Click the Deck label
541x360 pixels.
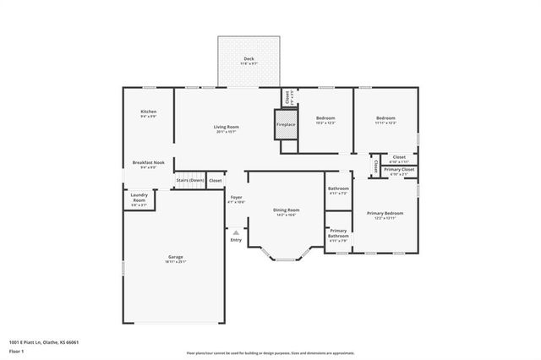[249, 58]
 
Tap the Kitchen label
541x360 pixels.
[148, 112]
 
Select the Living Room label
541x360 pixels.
[226, 127]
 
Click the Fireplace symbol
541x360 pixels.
[286, 124]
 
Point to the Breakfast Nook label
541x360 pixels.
[147, 162]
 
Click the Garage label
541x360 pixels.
[175, 257]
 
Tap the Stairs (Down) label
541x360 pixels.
[189, 180]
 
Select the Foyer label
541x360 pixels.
[236, 197]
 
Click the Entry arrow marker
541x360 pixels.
[236, 232]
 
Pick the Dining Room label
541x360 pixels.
[287, 210]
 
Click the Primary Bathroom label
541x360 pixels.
[338, 232]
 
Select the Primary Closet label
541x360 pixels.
[399, 170]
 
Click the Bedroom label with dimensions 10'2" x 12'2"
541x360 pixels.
[325, 117]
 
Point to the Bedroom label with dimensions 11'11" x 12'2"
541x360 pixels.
[385, 117]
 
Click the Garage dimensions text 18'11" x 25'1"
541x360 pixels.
[175, 262]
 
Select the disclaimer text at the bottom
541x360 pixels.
[270, 352]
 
